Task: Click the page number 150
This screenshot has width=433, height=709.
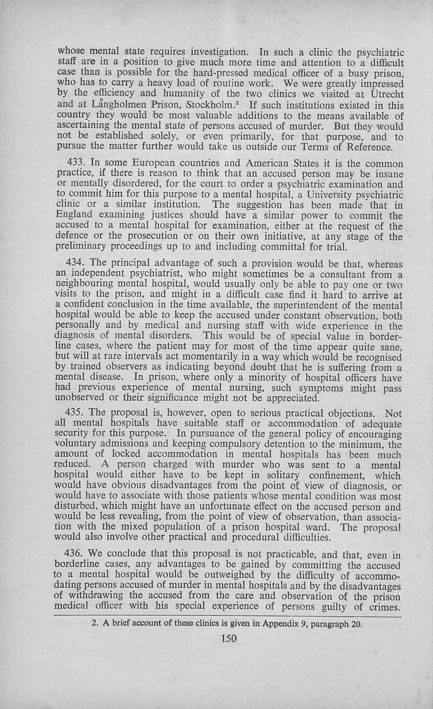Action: (229, 638)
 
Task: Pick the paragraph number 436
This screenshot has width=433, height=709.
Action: (73, 553)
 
